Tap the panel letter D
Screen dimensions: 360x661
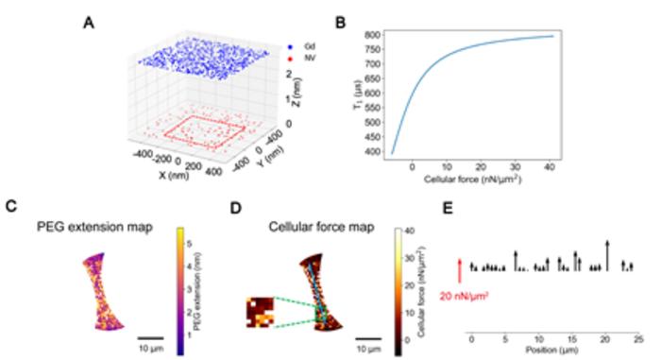coord(235,202)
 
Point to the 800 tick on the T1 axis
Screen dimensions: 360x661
coord(375,35)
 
